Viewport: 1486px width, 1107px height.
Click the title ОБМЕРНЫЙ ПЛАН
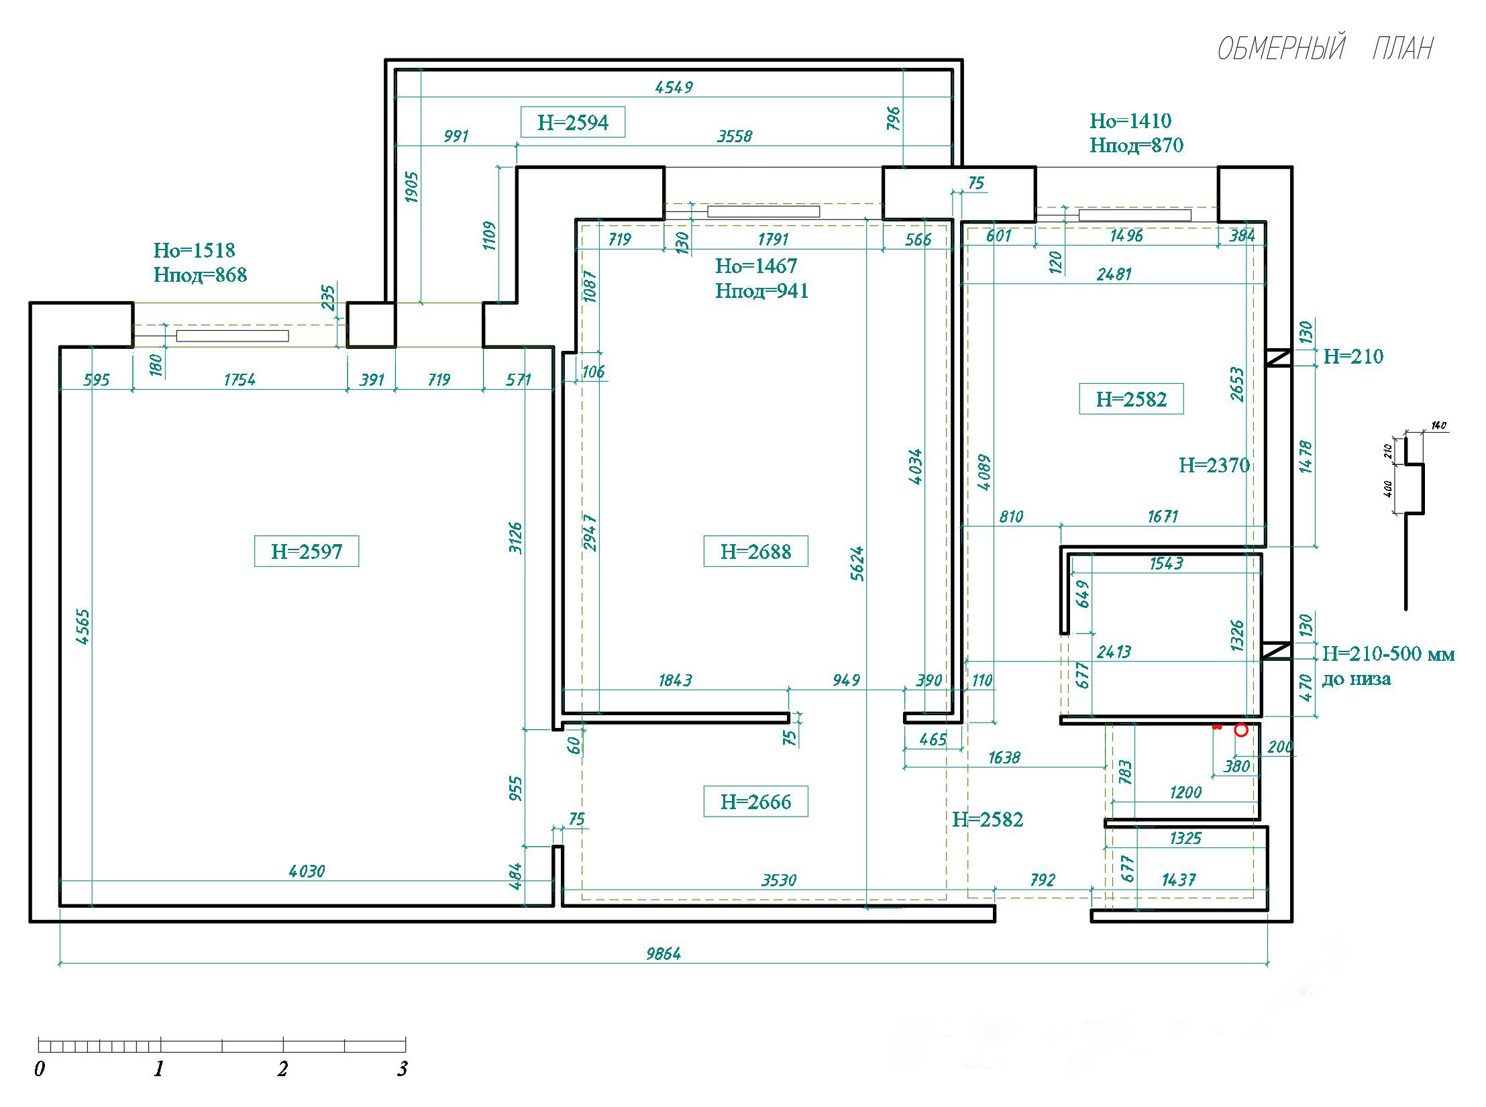1325,48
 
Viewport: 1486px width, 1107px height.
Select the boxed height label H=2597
307,551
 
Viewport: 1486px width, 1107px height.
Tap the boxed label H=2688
755,551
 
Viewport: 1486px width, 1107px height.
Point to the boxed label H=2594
573,122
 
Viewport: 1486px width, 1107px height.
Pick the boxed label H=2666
755,802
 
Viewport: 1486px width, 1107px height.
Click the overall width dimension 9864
664,953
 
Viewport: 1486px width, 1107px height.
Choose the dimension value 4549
674,87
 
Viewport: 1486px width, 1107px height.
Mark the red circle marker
1241,730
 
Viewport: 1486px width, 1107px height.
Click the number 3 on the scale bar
403,1069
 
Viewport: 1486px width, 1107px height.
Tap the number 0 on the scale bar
40,1069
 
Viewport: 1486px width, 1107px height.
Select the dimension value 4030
307,871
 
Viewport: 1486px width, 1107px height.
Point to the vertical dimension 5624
857,564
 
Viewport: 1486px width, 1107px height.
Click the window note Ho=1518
195,250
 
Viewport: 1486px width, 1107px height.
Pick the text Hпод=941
762,291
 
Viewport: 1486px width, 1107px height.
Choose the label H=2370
1214,465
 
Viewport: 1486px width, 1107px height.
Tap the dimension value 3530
779,880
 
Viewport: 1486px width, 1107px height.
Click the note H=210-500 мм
1388,653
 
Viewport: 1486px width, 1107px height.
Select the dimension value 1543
1167,564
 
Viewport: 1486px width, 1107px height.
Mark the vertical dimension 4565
83,627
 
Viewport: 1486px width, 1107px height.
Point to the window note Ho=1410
1130,121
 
